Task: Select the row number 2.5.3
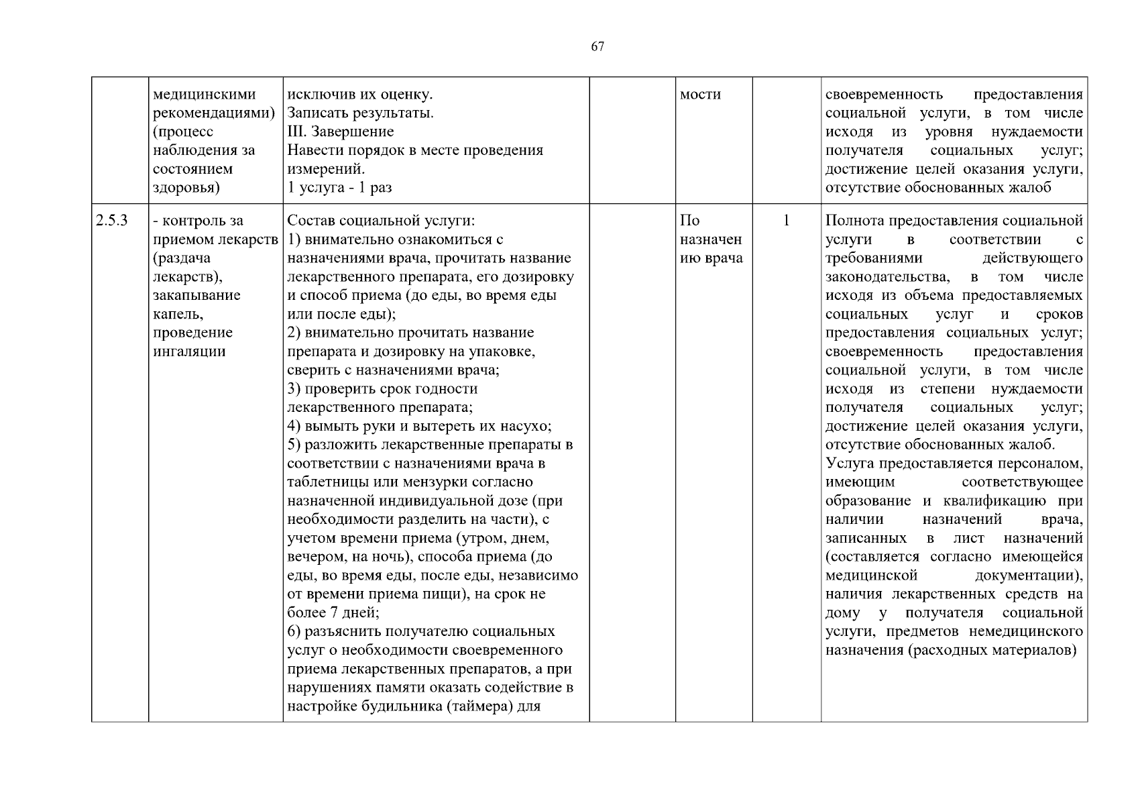point(112,221)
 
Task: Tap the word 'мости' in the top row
point(700,95)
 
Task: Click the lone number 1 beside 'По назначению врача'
point(787,221)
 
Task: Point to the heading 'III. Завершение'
point(341,131)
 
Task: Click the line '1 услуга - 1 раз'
point(339,188)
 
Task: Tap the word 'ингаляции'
point(189,352)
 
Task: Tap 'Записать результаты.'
point(361,113)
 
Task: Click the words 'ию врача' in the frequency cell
point(712,258)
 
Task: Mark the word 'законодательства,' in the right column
point(887,277)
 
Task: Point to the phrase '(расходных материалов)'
point(992,650)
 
